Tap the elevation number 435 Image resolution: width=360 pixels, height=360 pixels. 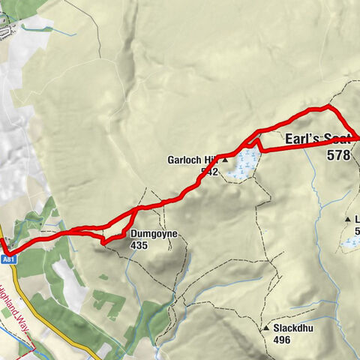click(x=139, y=245)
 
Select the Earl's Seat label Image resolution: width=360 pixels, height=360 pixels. click(x=319, y=139)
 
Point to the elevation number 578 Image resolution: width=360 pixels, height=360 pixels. click(x=339, y=155)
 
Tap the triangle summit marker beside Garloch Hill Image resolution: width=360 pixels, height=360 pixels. click(x=224, y=160)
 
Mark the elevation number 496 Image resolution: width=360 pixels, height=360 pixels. click(x=282, y=340)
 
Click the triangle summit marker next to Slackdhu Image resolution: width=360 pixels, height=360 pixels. click(x=266, y=328)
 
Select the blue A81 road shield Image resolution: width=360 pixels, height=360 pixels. click(x=8, y=259)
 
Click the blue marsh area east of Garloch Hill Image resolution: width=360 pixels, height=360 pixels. click(x=244, y=165)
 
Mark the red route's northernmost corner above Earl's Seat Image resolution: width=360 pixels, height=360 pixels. click(x=327, y=108)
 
